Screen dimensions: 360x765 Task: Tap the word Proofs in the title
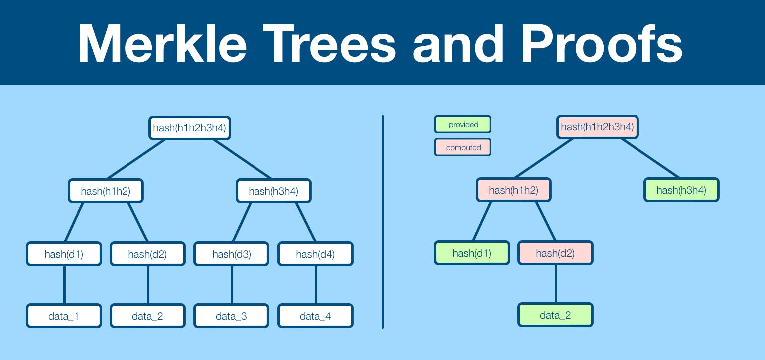click(604, 43)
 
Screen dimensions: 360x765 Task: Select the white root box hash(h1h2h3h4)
click(190, 128)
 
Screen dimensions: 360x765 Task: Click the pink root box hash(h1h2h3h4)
click(597, 127)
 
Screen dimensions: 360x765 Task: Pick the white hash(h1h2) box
click(106, 191)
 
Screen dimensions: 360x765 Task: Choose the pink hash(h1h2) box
click(513, 190)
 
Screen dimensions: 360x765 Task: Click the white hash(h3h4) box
click(273, 191)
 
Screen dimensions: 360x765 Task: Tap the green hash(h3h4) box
click(681, 190)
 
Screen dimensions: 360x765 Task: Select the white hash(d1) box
click(64, 254)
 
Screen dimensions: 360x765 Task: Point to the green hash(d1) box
click(472, 253)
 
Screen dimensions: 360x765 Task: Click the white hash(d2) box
click(147, 254)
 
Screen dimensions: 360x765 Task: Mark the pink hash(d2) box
click(555, 253)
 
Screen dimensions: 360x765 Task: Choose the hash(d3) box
click(232, 254)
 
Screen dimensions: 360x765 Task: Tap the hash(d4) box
click(315, 254)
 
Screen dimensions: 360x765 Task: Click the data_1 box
click(64, 316)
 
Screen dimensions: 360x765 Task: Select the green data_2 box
click(555, 315)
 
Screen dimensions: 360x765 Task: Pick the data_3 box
click(232, 316)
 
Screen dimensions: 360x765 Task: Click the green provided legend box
click(463, 124)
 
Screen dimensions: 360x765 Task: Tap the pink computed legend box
click(463, 147)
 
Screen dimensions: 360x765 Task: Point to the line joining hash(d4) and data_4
click(315, 285)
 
